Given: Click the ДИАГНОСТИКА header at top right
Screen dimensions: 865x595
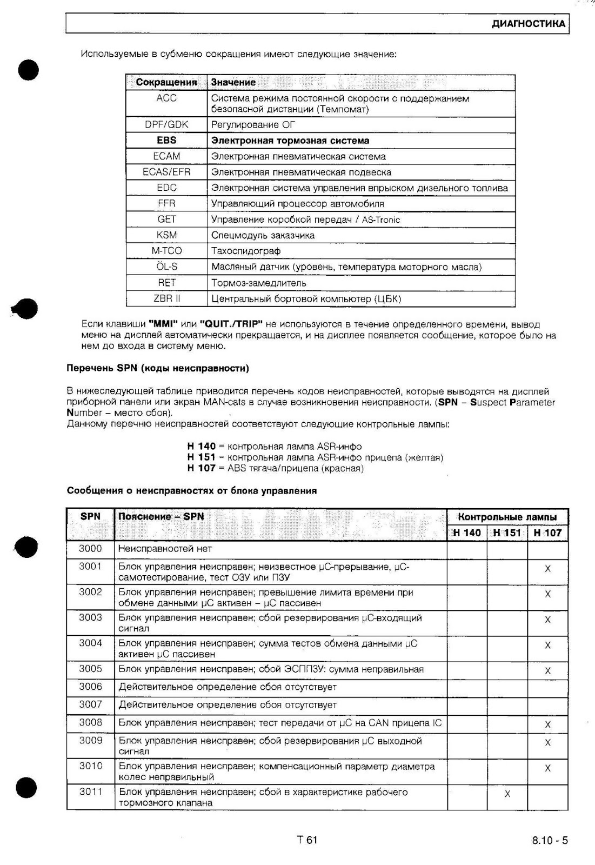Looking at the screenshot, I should [528, 24].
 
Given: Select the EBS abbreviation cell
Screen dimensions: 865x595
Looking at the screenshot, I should [166, 140].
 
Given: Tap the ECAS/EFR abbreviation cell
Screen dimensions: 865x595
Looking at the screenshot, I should [166, 172].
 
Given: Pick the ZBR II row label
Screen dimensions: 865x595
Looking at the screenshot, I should [166, 298].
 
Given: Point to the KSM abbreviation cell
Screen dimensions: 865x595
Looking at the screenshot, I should [166, 235].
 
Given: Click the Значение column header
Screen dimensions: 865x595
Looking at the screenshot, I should [233, 82].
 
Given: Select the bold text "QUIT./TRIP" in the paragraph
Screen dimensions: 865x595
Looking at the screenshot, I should [231, 324].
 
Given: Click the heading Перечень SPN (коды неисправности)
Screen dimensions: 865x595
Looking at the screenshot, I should [158, 368].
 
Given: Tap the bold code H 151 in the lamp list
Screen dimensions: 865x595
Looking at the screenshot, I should [201, 457].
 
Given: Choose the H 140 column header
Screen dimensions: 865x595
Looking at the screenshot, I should [467, 533].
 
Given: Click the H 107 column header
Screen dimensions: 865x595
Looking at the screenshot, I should [547, 533].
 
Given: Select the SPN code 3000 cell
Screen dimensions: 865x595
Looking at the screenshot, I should [90, 549].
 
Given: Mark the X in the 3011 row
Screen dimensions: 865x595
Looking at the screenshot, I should [507, 794].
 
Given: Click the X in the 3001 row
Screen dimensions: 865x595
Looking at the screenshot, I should [547, 569].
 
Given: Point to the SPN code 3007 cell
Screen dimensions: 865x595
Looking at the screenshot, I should [90, 704].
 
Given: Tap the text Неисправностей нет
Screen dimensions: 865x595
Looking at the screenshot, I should [165, 549].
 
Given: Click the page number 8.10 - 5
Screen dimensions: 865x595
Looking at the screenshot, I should [550, 840].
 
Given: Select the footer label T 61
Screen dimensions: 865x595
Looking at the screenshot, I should [307, 840].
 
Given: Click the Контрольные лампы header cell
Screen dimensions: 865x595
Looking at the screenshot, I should [507, 517].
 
